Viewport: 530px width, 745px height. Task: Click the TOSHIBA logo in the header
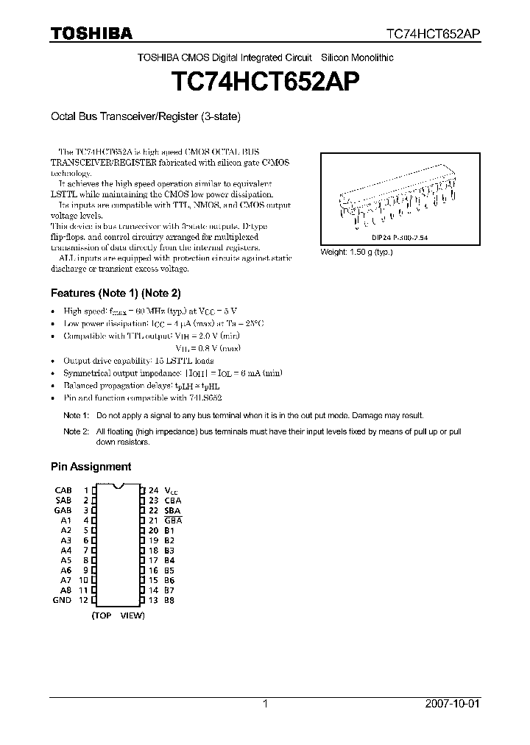[x=91, y=33]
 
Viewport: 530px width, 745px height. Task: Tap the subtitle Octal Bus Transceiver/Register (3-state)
[x=146, y=116]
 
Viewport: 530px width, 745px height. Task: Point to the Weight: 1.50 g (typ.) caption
[x=356, y=252]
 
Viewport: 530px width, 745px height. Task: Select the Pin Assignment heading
[x=91, y=466]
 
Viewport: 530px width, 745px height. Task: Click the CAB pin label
[x=63, y=490]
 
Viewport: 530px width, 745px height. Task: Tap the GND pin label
[x=63, y=600]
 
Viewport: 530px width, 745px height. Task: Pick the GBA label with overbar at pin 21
[x=173, y=520]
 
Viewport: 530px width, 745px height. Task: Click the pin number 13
[x=153, y=600]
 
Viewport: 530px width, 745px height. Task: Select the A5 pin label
[x=66, y=560]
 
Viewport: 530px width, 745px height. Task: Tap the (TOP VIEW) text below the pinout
[x=118, y=615]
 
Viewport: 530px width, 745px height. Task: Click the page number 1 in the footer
[x=265, y=704]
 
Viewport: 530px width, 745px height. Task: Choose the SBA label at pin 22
[x=173, y=510]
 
